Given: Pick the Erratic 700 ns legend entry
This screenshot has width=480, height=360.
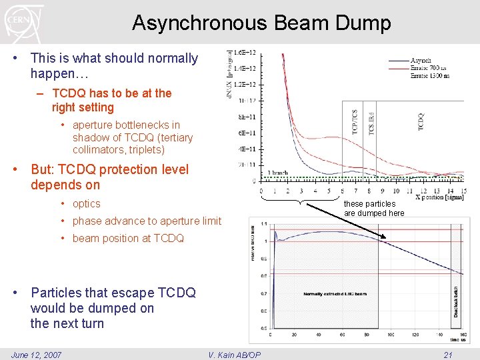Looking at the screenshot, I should (x=429, y=68).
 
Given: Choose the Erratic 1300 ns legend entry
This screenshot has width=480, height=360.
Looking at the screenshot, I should (x=431, y=75).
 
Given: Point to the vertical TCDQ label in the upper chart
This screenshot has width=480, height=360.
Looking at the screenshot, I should (x=421, y=121).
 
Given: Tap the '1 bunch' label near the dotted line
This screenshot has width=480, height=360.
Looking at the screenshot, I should (x=277, y=173).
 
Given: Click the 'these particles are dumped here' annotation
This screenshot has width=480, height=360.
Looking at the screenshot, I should (x=374, y=208).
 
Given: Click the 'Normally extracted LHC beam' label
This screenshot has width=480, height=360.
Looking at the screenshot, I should (x=335, y=294).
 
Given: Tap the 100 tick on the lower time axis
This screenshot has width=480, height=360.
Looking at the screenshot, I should (x=391, y=335).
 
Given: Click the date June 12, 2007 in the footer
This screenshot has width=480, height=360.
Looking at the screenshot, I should (x=37, y=354).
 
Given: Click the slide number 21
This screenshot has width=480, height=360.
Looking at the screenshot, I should (x=448, y=354).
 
